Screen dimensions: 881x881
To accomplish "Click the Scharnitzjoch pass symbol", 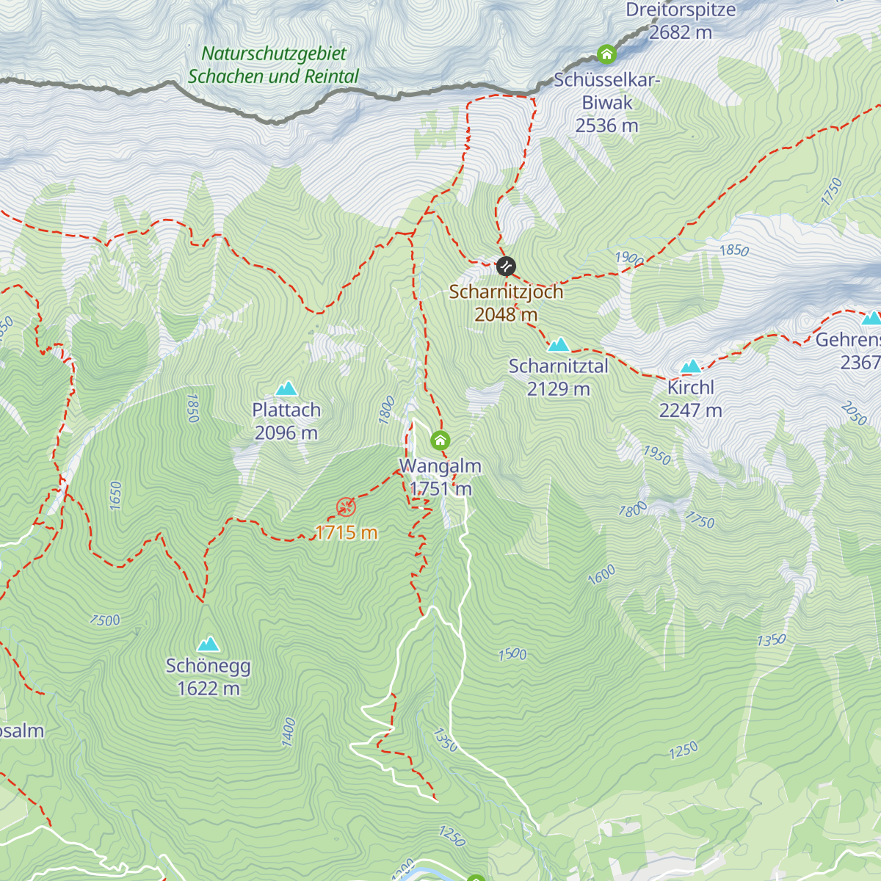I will click(x=506, y=266).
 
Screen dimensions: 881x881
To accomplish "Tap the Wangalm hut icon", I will click(x=440, y=440).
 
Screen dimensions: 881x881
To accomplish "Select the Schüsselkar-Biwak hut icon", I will click(x=606, y=54).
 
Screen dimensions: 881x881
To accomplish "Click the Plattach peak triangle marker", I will click(x=286, y=388).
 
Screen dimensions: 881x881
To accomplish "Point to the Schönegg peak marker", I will click(x=209, y=644).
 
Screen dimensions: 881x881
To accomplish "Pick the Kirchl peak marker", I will click(x=691, y=366).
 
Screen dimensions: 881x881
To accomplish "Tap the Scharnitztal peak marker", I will click(x=559, y=344).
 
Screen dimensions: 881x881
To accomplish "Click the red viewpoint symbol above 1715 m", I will click(x=346, y=507).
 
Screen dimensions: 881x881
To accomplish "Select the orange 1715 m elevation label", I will click(x=346, y=532).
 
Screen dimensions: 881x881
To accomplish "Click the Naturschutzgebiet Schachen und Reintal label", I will click(x=273, y=65).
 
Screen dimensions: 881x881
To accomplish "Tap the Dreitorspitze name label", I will click(x=681, y=10).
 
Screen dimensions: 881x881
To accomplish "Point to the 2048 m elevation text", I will click(x=506, y=314).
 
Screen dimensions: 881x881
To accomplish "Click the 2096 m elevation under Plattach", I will click(x=286, y=432).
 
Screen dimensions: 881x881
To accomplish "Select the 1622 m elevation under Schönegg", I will click(x=209, y=688).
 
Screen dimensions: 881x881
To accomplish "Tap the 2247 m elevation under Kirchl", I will click(x=691, y=410).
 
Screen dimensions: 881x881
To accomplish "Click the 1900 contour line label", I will click(x=629, y=258).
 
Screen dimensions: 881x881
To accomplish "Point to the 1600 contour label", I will click(x=601, y=576).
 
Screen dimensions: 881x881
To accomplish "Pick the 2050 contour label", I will click(x=854, y=413).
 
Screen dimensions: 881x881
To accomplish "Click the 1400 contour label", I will click(x=289, y=732).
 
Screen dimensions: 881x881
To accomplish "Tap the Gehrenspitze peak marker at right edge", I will click(x=871, y=318).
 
